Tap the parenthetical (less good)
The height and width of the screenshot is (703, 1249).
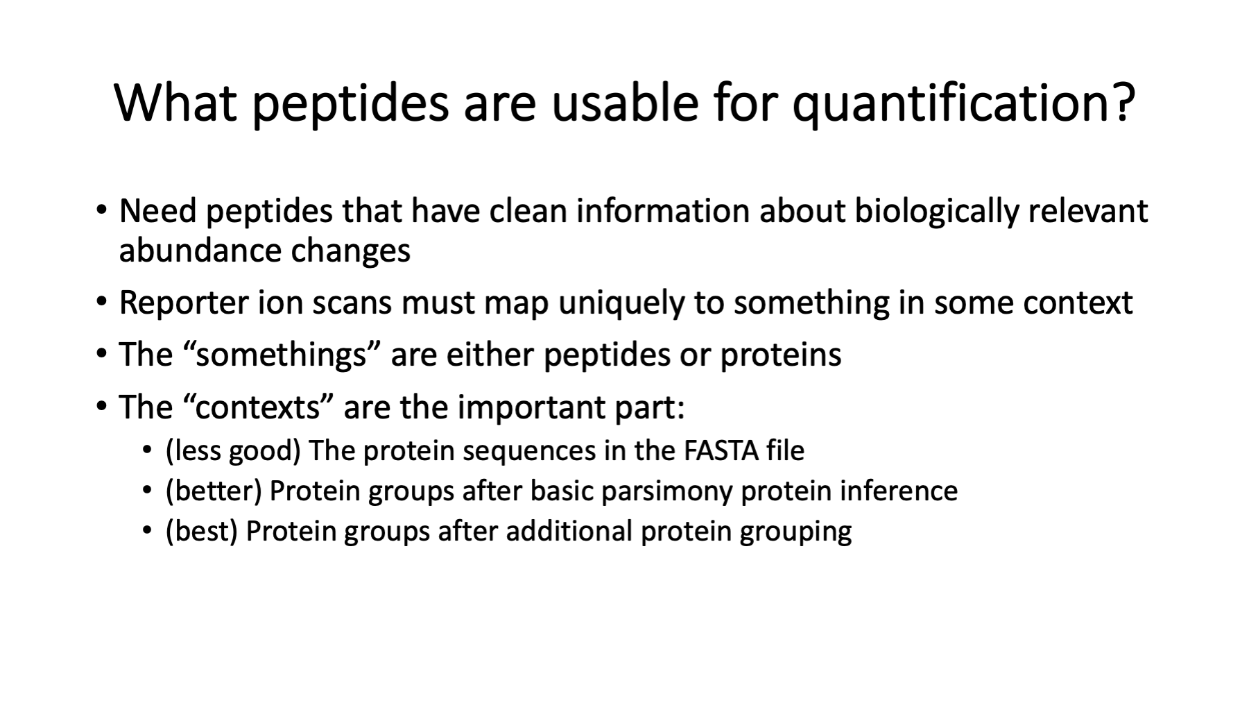point(233,452)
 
